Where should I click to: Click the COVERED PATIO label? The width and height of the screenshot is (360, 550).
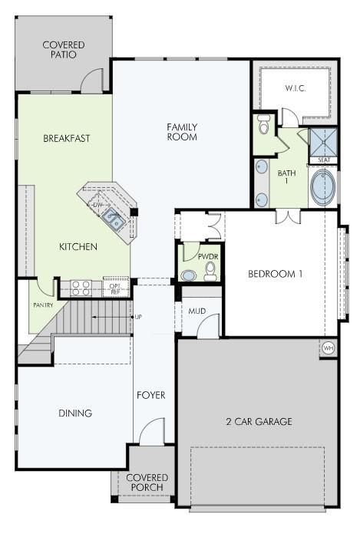click(x=64, y=50)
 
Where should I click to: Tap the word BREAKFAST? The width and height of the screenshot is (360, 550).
click(x=67, y=139)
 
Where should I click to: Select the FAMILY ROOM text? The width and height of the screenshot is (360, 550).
click(x=183, y=132)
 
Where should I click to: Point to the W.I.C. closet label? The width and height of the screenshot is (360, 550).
click(x=296, y=88)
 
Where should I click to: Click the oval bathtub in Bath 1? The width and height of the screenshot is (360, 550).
click(x=321, y=187)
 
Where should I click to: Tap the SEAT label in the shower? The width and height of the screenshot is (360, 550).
click(x=323, y=160)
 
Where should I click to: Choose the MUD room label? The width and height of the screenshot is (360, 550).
click(x=197, y=311)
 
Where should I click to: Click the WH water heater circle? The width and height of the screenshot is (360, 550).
click(x=329, y=348)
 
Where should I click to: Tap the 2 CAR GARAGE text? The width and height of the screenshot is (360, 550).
click(x=259, y=422)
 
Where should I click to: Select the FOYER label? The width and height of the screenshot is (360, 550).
click(x=151, y=395)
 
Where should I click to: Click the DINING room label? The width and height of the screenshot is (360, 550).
click(x=75, y=413)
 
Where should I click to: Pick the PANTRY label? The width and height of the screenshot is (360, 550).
click(x=42, y=305)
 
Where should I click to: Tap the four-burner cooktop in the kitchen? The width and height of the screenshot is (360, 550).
click(x=81, y=288)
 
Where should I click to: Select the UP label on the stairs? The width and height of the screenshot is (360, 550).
click(x=138, y=316)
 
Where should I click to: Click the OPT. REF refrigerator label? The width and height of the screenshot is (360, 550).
click(x=115, y=288)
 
